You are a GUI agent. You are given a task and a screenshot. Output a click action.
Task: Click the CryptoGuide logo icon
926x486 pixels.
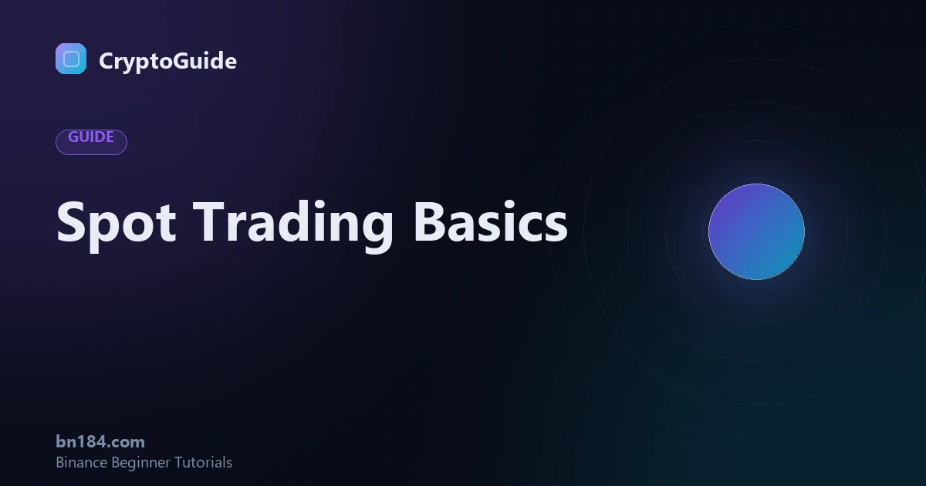point(71,59)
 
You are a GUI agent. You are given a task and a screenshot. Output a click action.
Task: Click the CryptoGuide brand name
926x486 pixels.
point(168,61)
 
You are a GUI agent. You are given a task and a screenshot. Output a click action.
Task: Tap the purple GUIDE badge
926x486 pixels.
point(91,142)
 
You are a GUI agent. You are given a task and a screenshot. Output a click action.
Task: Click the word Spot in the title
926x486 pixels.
point(117,224)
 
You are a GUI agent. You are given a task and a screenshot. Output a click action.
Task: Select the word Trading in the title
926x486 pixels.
point(292,224)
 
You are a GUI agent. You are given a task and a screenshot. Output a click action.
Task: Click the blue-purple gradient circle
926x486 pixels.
point(756,232)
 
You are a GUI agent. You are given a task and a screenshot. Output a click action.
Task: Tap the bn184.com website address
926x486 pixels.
point(100,442)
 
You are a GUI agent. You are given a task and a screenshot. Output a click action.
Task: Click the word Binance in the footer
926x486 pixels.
point(82,462)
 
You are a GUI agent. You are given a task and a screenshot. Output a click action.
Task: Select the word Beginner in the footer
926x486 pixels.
point(141,463)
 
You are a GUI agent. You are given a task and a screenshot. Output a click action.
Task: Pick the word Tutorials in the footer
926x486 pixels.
point(203,462)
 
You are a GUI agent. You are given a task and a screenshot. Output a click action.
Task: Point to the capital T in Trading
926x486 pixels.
point(209,221)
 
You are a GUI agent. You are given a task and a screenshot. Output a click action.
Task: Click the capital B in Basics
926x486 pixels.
point(429,221)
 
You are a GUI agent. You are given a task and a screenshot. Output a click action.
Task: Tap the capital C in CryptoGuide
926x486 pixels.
point(106,60)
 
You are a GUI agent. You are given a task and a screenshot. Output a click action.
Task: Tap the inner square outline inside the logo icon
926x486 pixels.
point(71,59)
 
